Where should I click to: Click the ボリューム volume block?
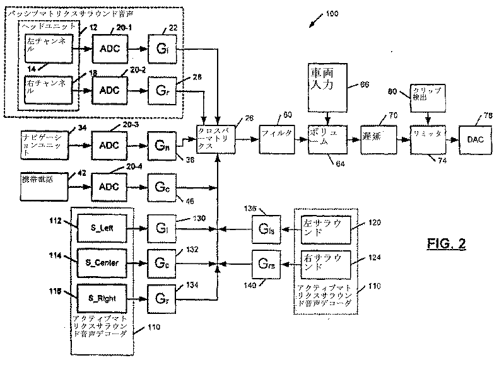[327, 135]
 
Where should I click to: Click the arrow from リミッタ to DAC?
[449, 135]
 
